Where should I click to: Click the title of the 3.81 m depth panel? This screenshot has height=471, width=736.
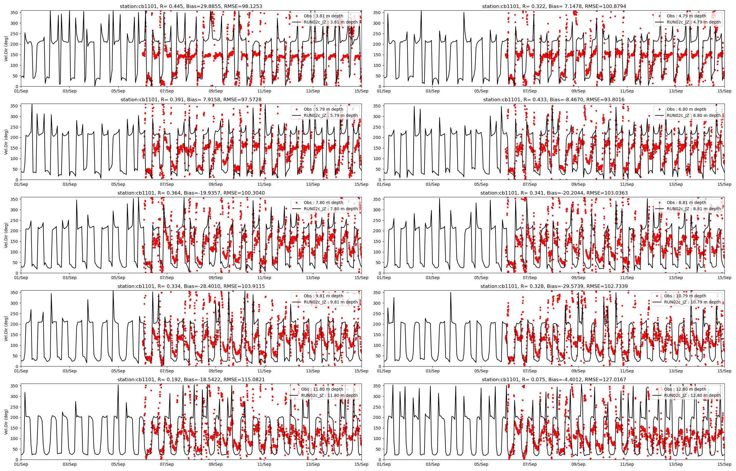(x=191, y=6)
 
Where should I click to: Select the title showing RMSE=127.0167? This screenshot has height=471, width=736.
(x=554, y=379)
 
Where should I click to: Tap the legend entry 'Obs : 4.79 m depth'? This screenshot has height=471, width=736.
(x=686, y=16)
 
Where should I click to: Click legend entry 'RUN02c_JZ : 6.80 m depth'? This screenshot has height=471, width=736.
(x=694, y=115)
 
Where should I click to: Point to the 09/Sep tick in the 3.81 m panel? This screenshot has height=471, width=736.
(x=216, y=91)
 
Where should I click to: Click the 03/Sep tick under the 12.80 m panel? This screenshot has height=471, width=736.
(x=432, y=464)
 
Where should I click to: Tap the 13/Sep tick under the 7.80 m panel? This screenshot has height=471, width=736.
(x=313, y=278)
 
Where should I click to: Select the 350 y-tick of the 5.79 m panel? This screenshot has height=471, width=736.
(x=15, y=106)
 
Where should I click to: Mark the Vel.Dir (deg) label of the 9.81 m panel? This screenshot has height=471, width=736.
(x=6, y=329)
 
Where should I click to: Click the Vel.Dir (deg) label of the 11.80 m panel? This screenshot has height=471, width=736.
(x=6, y=422)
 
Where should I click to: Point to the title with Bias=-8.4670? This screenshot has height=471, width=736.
(x=554, y=100)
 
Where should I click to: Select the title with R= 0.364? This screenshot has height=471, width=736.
(x=191, y=193)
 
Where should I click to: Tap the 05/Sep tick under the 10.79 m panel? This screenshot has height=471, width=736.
(x=481, y=371)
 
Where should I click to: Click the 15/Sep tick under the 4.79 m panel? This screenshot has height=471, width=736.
(x=724, y=91)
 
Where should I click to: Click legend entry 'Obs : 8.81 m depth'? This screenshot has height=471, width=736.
(x=686, y=203)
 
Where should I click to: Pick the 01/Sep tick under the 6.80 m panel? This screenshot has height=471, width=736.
(x=384, y=184)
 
